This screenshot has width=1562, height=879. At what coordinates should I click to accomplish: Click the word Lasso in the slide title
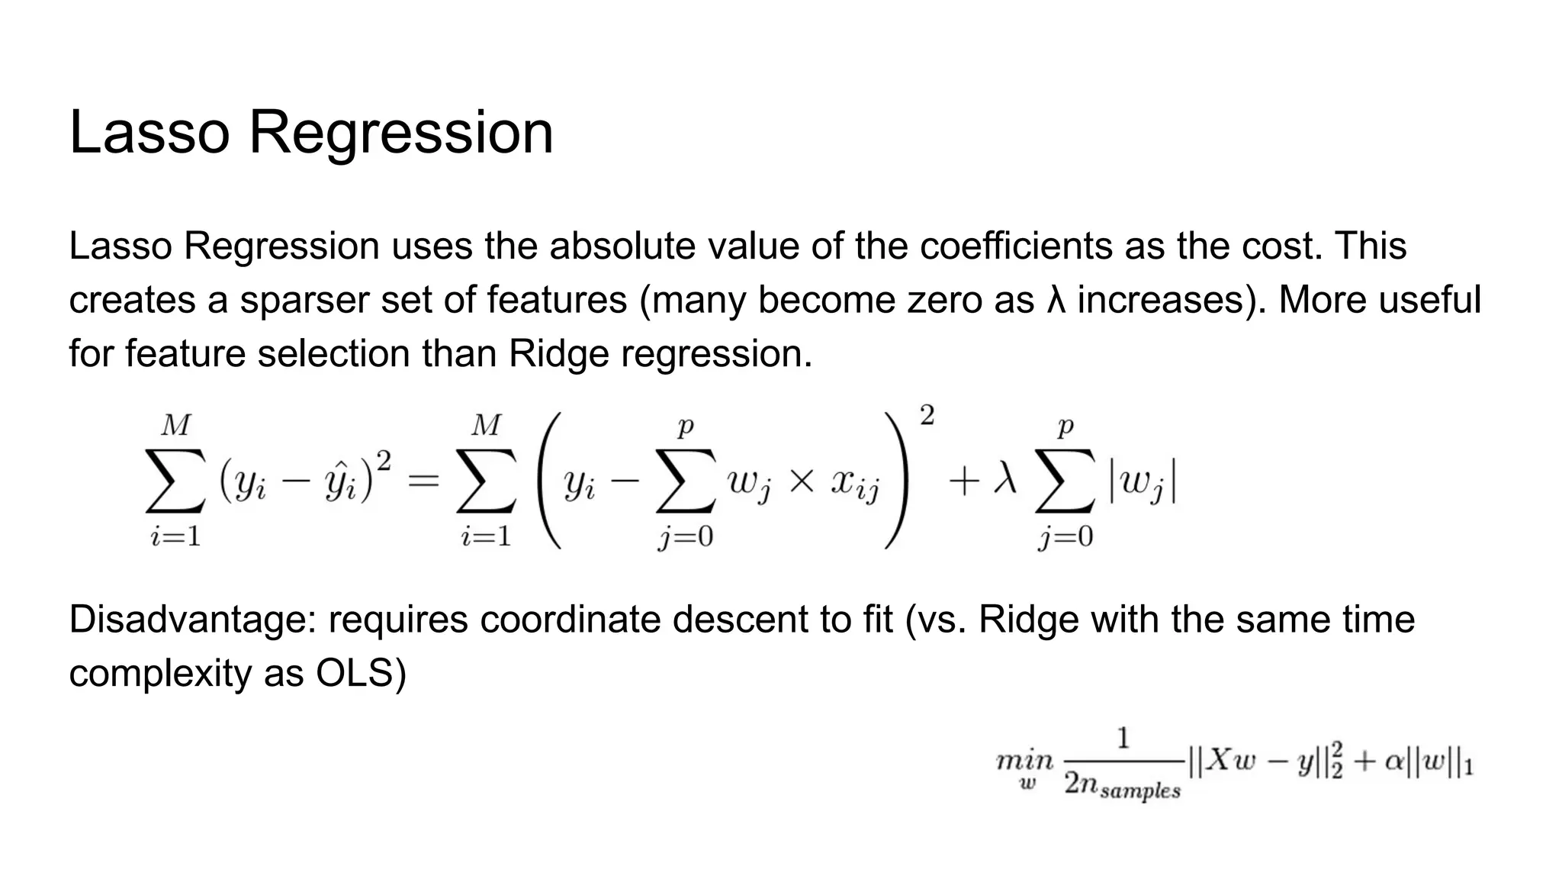click(x=149, y=133)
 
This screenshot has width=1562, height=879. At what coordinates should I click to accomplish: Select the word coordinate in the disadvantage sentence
click(x=570, y=620)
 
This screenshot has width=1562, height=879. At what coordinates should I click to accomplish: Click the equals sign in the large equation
click(x=423, y=481)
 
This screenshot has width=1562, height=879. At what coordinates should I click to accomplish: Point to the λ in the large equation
click(x=1004, y=481)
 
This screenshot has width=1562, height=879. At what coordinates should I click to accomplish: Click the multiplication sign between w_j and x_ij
click(x=801, y=481)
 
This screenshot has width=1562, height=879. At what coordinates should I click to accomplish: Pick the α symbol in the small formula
click(x=1394, y=762)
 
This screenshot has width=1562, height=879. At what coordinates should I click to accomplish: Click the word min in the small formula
click(x=1024, y=761)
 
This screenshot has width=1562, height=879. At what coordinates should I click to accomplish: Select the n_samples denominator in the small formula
click(x=1123, y=786)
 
